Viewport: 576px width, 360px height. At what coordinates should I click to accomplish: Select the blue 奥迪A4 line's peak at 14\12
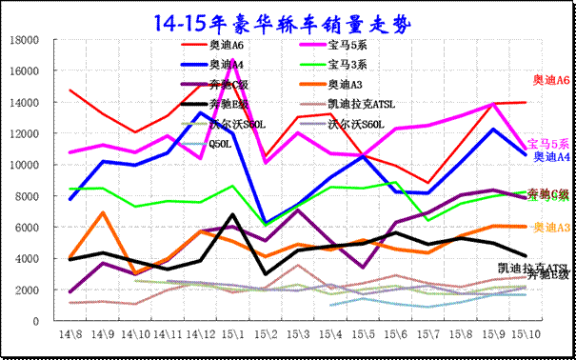(x=200, y=113)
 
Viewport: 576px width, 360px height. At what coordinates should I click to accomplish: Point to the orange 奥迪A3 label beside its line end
(x=551, y=228)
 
